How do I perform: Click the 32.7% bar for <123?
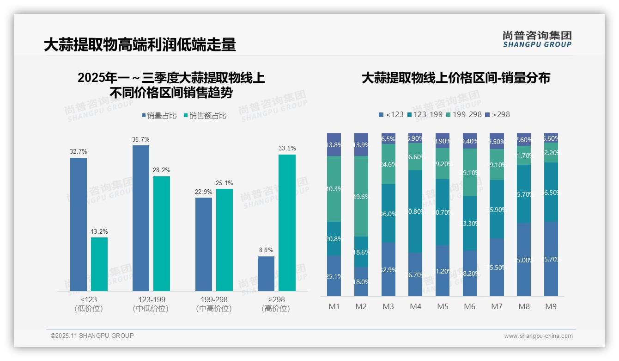click(79, 224)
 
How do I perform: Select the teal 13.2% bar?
click(99, 264)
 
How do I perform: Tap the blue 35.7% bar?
click(141, 218)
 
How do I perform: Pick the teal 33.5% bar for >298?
click(287, 223)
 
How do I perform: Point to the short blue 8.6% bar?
click(266, 274)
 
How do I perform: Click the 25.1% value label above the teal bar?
click(225, 183)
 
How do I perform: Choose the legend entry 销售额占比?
click(205, 116)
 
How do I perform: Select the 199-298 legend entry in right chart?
click(464, 114)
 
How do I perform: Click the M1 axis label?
click(334, 306)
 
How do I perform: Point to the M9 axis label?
click(551, 306)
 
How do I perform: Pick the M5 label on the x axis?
click(443, 306)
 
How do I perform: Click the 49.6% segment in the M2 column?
click(361, 196)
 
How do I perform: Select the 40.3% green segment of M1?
click(334, 189)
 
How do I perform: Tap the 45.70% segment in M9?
click(551, 259)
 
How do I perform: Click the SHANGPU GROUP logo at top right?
click(537, 39)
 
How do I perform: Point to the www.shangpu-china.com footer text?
click(538, 336)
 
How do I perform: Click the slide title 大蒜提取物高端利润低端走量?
click(140, 45)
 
